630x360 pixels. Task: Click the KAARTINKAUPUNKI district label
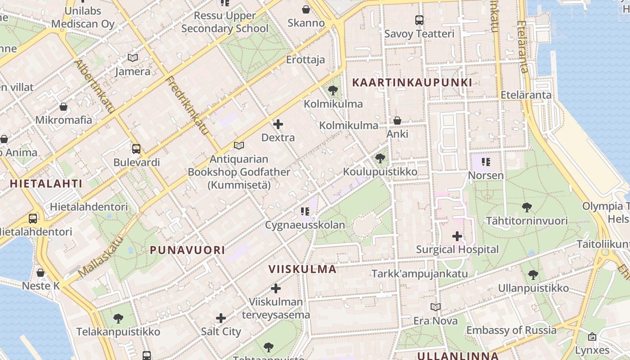(412, 82)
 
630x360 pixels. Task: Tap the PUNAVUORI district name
(187, 250)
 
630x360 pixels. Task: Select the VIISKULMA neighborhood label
(302, 269)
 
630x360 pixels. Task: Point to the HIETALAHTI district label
(46, 184)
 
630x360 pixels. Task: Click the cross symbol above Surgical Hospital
(457, 236)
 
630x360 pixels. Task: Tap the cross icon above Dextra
(278, 124)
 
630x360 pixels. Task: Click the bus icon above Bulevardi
(136, 149)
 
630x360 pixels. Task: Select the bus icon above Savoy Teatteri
(419, 20)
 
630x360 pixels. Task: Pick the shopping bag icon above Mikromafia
(63, 107)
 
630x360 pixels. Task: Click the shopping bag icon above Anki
(397, 121)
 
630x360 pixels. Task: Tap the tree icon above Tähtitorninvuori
(526, 207)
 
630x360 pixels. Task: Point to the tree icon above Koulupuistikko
(380, 158)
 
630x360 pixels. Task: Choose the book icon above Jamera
(132, 58)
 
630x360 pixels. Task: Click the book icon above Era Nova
(435, 307)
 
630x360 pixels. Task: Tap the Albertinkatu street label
(96, 86)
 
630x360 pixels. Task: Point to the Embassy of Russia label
(511, 330)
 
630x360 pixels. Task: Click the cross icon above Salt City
(221, 318)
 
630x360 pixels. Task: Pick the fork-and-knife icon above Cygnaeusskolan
(305, 211)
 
